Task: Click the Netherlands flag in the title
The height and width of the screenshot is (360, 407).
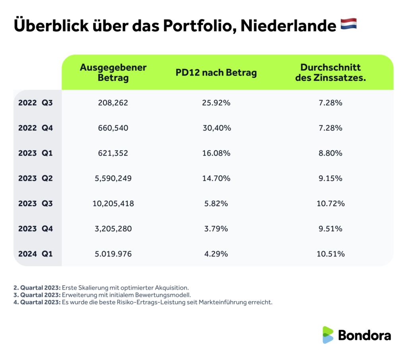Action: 349,25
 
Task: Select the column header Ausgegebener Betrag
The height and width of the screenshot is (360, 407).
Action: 113,72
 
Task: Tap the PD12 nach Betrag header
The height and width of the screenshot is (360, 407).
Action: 216,73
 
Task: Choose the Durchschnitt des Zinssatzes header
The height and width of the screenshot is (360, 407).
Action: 330,72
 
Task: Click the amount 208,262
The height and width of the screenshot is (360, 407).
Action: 113,103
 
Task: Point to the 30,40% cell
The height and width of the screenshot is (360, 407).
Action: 217,128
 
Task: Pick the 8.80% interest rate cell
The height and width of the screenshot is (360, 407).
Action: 330,153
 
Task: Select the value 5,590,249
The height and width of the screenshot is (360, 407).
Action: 113,178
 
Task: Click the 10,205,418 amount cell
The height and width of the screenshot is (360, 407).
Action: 113,204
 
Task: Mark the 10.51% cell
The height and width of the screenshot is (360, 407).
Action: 330,254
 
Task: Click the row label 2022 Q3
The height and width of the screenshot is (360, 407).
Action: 35,103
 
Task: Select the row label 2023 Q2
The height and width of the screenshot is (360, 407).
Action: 35,178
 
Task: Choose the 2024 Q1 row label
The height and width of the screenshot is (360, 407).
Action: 35,254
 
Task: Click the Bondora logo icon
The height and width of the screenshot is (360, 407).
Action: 328,335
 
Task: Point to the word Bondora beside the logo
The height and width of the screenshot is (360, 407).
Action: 364,335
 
